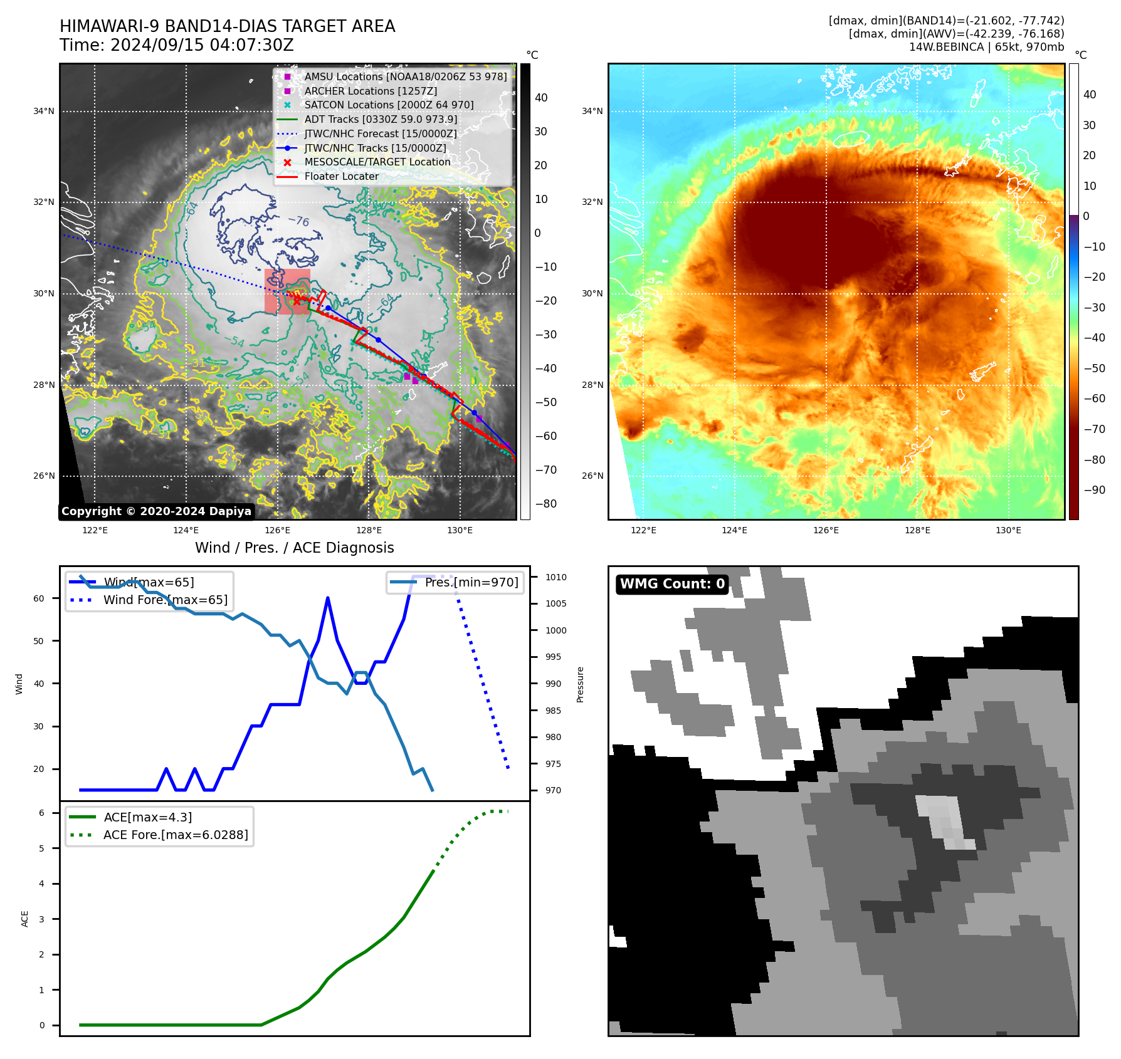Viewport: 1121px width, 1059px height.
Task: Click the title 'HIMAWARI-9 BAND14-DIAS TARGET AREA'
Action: pos(227,26)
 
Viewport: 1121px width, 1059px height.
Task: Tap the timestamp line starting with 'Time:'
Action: pos(176,45)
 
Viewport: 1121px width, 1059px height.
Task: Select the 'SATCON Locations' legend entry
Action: pos(389,105)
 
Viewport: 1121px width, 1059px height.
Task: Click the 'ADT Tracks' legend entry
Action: pos(381,119)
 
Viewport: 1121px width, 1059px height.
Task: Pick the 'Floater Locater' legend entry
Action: pos(341,177)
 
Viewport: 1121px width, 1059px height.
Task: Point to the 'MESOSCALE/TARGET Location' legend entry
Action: pos(377,162)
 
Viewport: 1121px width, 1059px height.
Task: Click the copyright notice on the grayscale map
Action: pos(156,511)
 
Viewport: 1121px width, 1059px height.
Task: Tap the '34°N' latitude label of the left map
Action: pos(44,112)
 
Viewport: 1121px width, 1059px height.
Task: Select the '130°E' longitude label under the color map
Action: pos(1008,531)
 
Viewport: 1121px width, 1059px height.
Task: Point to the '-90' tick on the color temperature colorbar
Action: pos(1094,490)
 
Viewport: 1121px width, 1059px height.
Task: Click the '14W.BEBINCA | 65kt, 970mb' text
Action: pos(986,47)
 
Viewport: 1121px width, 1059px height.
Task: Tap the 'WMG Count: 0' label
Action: pos(672,584)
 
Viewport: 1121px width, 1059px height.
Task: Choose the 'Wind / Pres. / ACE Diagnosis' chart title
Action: pos(295,548)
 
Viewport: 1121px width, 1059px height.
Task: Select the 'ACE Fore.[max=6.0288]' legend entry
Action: pos(176,835)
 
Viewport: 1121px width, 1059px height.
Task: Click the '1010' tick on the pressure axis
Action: pos(555,578)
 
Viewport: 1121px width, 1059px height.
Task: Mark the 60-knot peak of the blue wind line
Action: pos(328,598)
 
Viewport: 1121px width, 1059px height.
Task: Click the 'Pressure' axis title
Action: pos(581,684)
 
